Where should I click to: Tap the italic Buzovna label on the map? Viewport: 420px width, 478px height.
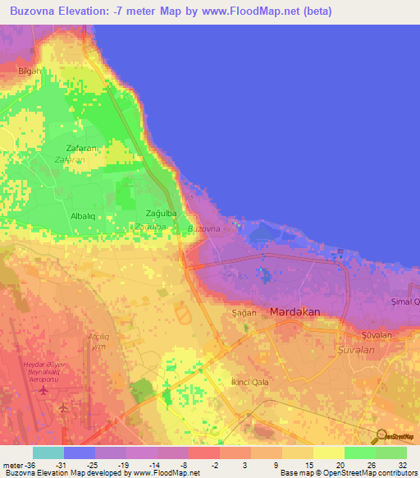[204, 228]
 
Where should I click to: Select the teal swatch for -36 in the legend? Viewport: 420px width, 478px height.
[48, 453]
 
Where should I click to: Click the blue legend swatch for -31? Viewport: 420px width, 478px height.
[80, 453]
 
